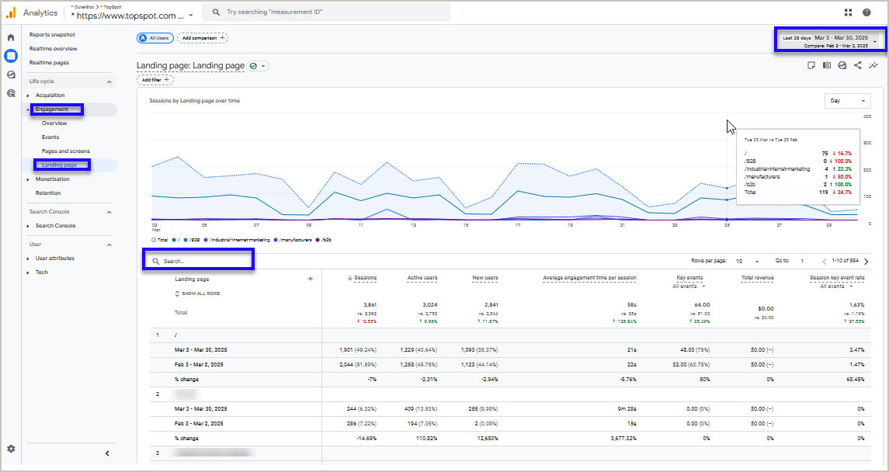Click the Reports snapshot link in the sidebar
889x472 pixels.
tap(52, 35)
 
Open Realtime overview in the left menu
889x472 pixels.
tap(53, 49)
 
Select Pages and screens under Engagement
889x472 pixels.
tap(65, 151)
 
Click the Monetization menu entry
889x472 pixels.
tap(52, 179)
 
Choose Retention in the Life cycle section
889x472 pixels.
tap(47, 193)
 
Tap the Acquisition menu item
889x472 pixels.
tap(50, 95)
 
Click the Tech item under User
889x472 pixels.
tap(41, 272)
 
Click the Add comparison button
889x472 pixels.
tap(202, 37)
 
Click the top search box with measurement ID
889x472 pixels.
tap(326, 12)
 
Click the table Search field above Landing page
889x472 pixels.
tap(202, 262)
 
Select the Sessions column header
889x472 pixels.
tap(363, 278)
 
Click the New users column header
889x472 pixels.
tap(485, 278)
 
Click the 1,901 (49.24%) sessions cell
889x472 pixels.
tap(358, 350)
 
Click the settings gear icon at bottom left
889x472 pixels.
tap(11, 449)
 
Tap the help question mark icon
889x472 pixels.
tap(866, 12)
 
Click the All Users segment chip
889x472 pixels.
tap(154, 37)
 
